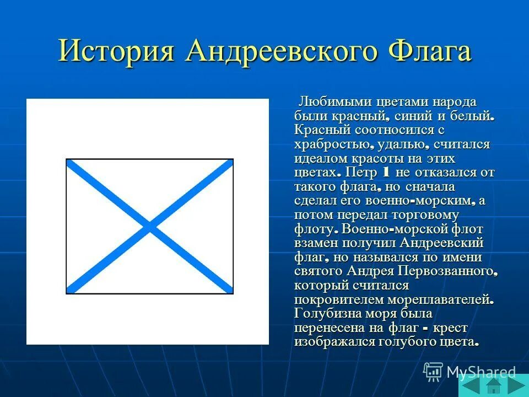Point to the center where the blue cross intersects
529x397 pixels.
tap(149, 226)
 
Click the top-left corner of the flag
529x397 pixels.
tap(67, 159)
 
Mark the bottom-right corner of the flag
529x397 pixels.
tap(233, 293)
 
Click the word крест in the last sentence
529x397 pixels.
tap(450, 328)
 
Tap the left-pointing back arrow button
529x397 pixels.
tap(471, 384)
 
